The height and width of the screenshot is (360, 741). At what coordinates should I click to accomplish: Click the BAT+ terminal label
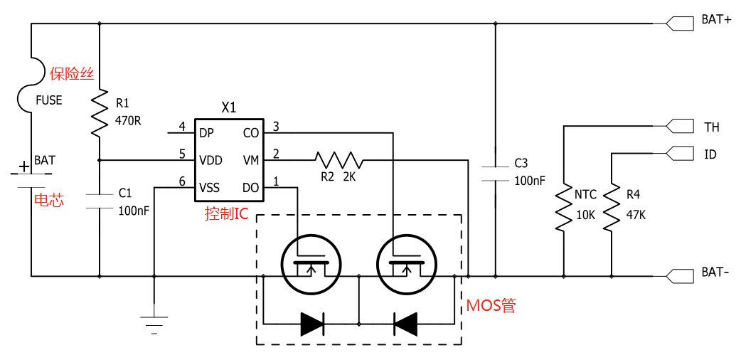click(x=716, y=21)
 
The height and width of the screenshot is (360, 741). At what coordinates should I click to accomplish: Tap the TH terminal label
click(x=712, y=127)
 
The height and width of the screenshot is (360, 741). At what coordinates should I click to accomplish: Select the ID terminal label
click(x=710, y=154)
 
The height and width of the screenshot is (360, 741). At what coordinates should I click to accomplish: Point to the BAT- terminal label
click(x=716, y=273)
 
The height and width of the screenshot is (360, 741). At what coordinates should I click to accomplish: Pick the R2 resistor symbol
click(x=339, y=160)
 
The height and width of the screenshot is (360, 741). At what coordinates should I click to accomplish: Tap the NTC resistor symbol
click(x=564, y=207)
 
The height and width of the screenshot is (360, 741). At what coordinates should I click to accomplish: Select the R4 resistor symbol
click(x=612, y=207)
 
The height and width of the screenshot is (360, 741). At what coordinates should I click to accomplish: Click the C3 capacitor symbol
click(x=495, y=174)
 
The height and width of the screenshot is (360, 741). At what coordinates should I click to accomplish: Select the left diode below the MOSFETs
click(x=312, y=324)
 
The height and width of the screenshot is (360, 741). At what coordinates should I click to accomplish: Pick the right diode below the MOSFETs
click(x=405, y=324)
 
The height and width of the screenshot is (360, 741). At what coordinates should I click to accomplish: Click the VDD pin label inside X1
click(x=210, y=160)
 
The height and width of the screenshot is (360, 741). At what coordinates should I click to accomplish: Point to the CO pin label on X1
click(x=250, y=134)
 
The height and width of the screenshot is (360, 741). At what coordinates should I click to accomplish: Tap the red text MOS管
click(x=491, y=306)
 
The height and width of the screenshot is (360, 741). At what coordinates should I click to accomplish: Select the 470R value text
click(x=128, y=120)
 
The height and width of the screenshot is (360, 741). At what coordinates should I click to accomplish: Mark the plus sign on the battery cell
click(x=23, y=166)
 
